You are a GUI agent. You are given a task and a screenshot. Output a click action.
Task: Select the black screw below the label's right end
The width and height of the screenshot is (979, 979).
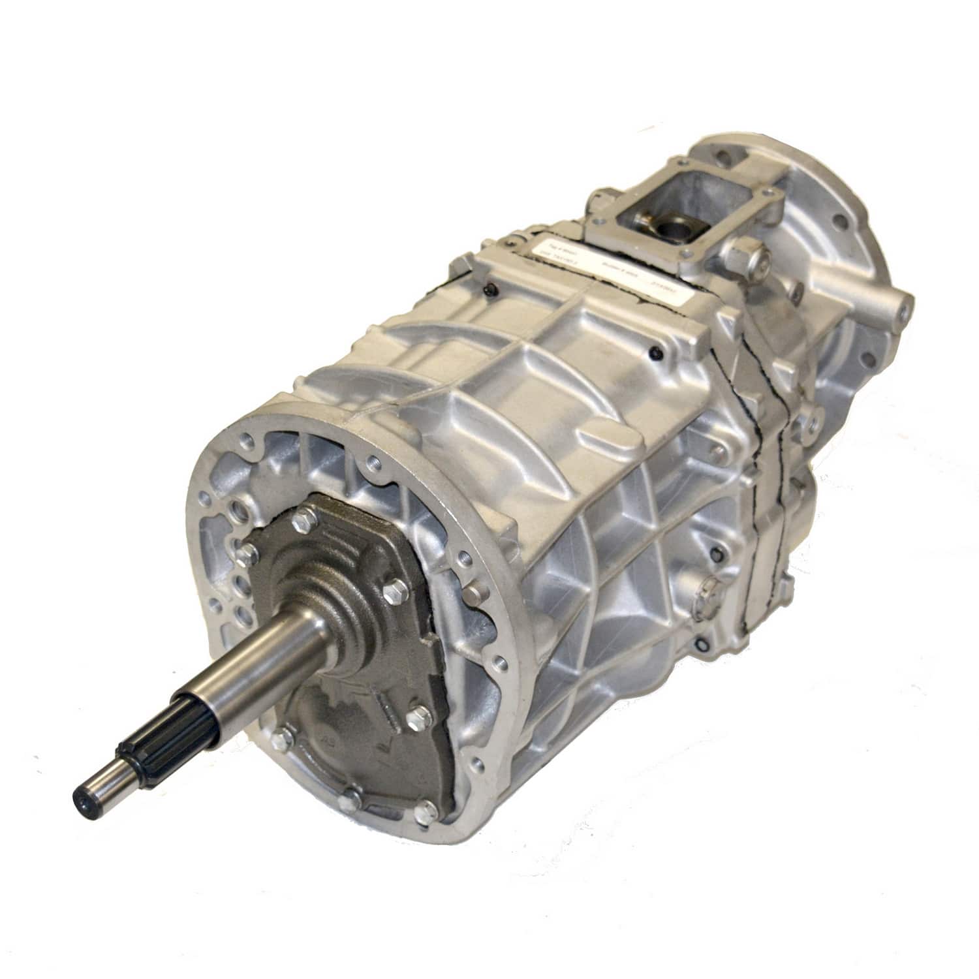(659, 353)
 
